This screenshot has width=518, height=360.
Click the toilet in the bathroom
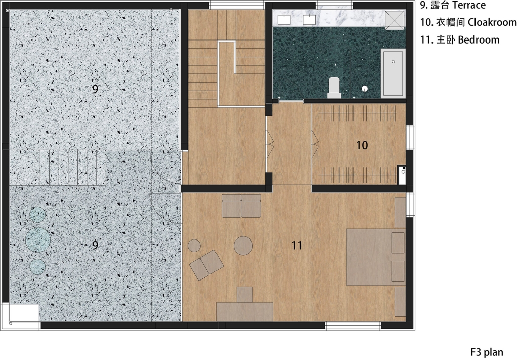click(334, 88)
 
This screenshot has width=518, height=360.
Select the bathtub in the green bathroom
click(393, 73)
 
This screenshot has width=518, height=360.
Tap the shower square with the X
click(395, 19)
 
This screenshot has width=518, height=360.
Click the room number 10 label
click(362, 145)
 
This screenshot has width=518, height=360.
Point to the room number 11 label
click(297, 245)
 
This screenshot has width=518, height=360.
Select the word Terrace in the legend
click(469, 5)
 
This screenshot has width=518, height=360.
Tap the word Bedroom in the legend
click(479, 39)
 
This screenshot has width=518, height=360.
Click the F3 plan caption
click(487, 352)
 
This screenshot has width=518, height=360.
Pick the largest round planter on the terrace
click(38, 239)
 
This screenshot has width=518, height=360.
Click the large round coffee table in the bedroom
click(243, 246)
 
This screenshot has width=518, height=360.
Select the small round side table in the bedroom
click(194, 246)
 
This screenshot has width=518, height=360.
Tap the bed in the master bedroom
click(375, 257)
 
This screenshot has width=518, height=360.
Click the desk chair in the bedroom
click(244, 295)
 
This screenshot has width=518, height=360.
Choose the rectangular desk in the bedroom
click(244, 311)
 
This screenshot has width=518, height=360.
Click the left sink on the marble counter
click(284, 20)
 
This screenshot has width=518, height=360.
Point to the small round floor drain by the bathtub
click(364, 88)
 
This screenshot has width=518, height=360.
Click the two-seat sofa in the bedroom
click(241, 206)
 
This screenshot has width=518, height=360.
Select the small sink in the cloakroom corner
click(402, 175)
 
